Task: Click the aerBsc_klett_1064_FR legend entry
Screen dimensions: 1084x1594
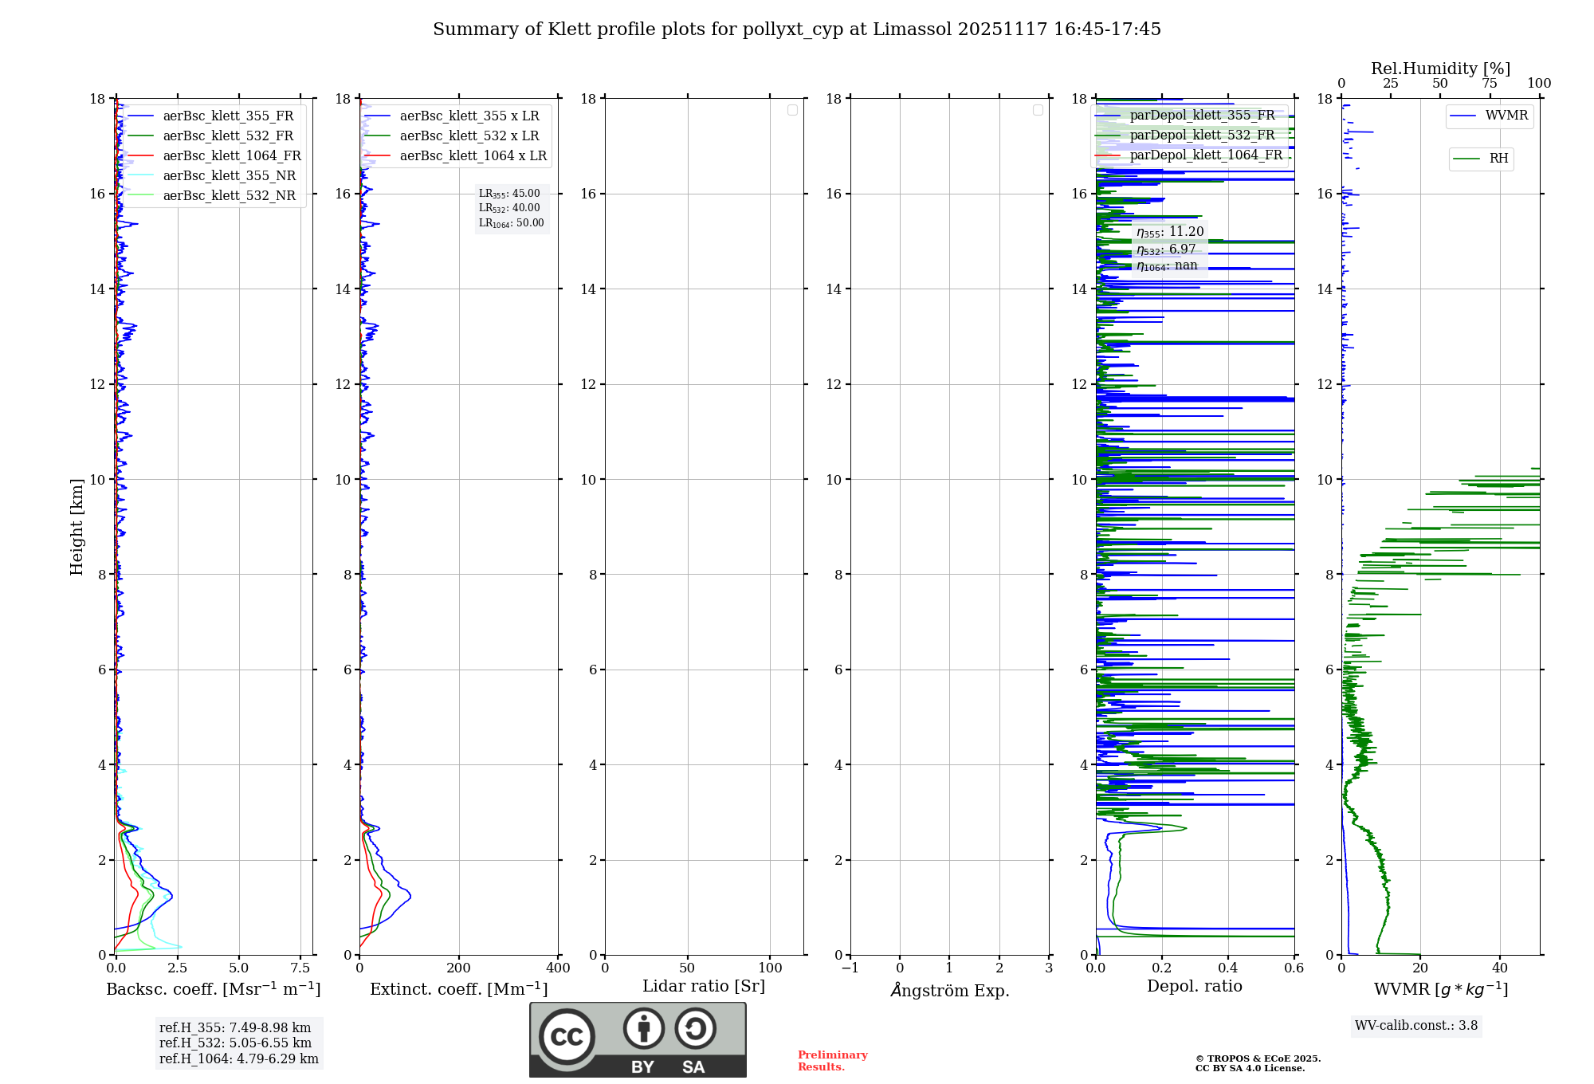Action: click(x=231, y=155)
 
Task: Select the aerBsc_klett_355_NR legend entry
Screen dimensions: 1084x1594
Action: click(x=229, y=175)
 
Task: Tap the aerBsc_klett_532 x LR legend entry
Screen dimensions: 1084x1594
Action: click(x=469, y=135)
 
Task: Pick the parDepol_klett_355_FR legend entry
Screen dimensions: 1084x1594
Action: click(x=1202, y=115)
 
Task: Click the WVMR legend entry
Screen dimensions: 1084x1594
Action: click(x=1506, y=116)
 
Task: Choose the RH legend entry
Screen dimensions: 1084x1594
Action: click(x=1498, y=159)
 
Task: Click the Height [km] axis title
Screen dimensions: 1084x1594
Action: click(x=77, y=527)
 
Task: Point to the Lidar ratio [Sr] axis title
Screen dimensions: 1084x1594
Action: click(x=703, y=986)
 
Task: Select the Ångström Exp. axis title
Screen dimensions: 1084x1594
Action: click(x=949, y=990)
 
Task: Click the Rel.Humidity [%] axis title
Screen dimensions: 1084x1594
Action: click(x=1440, y=69)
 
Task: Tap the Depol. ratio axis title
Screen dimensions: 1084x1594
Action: click(x=1194, y=986)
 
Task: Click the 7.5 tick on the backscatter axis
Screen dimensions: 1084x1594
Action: click(x=300, y=968)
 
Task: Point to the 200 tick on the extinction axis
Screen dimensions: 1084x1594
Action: click(x=459, y=968)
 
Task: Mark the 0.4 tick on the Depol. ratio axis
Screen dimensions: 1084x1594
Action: click(x=1228, y=968)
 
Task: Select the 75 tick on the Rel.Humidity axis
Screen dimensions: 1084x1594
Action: click(x=1490, y=84)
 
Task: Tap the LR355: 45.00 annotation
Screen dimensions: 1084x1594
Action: click(x=509, y=194)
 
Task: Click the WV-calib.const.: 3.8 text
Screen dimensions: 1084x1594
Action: click(x=1415, y=1026)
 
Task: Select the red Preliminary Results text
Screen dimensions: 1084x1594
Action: click(x=832, y=1061)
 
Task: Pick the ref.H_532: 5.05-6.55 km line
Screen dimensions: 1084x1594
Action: click(x=235, y=1043)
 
